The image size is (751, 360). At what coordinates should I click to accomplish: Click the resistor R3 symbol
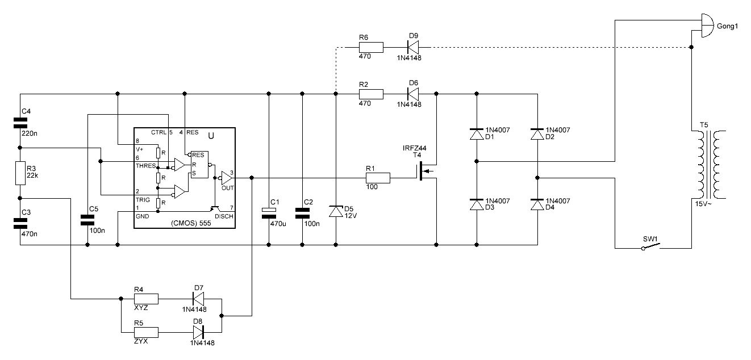click(x=20, y=173)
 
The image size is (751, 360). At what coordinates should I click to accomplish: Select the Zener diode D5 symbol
click(x=336, y=211)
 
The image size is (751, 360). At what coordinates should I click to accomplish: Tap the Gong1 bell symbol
click(x=707, y=26)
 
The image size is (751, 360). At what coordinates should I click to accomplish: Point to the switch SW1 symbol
click(x=651, y=246)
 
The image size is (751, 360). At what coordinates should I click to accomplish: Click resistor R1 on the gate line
click(x=378, y=178)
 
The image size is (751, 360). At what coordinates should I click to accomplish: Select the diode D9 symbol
click(x=413, y=47)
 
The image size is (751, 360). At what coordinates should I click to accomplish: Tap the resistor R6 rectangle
click(x=371, y=47)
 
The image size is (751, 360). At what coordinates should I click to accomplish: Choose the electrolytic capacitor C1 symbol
click(x=269, y=213)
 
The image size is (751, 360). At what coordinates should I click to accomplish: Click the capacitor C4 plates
click(x=20, y=123)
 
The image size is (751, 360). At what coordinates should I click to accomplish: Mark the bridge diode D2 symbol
click(x=537, y=134)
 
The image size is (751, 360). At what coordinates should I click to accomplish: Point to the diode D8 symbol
click(x=198, y=332)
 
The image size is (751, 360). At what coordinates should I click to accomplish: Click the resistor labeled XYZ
click(x=146, y=299)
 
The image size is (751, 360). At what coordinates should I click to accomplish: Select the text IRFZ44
click(x=414, y=148)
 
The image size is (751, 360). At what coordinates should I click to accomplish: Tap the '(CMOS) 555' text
click(x=191, y=223)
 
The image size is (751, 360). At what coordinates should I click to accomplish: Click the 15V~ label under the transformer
click(x=703, y=204)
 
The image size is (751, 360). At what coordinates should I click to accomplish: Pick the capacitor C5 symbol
click(x=87, y=220)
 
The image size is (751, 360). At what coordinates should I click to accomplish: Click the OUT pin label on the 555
click(x=228, y=188)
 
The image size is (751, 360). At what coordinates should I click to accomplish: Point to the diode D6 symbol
click(x=413, y=94)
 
